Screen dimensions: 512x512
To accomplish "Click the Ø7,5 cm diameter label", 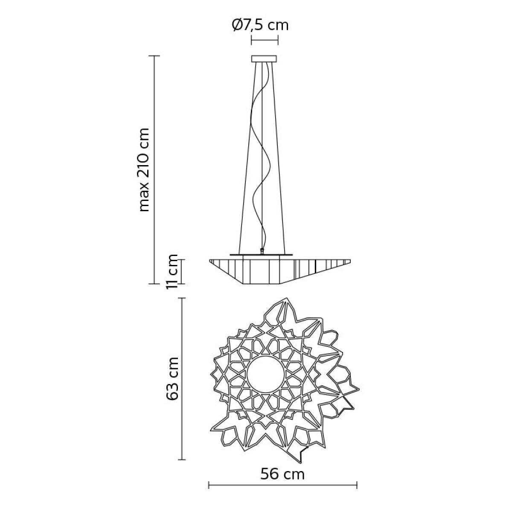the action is (x=260, y=26).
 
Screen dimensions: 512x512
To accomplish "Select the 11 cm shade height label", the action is (x=172, y=272).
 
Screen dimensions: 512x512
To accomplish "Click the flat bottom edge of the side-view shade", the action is (x=262, y=283).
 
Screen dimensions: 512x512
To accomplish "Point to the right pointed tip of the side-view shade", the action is (x=350, y=259).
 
